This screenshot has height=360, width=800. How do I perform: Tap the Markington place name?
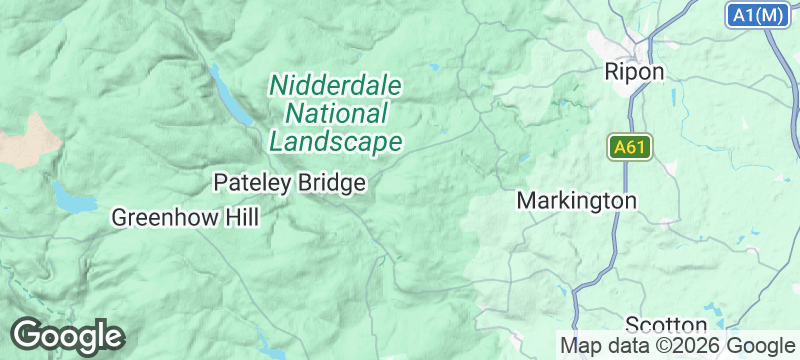coord(576,201)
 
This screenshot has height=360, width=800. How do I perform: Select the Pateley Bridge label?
coord(290,183)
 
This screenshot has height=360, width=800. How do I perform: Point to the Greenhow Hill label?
coord(185,217)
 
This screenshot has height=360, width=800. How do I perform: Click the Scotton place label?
coord(666,325)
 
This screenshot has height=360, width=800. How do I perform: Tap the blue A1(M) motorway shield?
coord(757,15)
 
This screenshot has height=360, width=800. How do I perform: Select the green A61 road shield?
coord(630,148)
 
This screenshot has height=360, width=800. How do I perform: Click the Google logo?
coord(67,335)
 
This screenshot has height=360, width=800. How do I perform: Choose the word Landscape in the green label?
coord(335,141)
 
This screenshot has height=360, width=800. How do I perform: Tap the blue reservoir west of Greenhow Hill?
coord(70,198)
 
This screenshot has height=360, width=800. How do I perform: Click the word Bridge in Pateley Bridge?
coord(329,183)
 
